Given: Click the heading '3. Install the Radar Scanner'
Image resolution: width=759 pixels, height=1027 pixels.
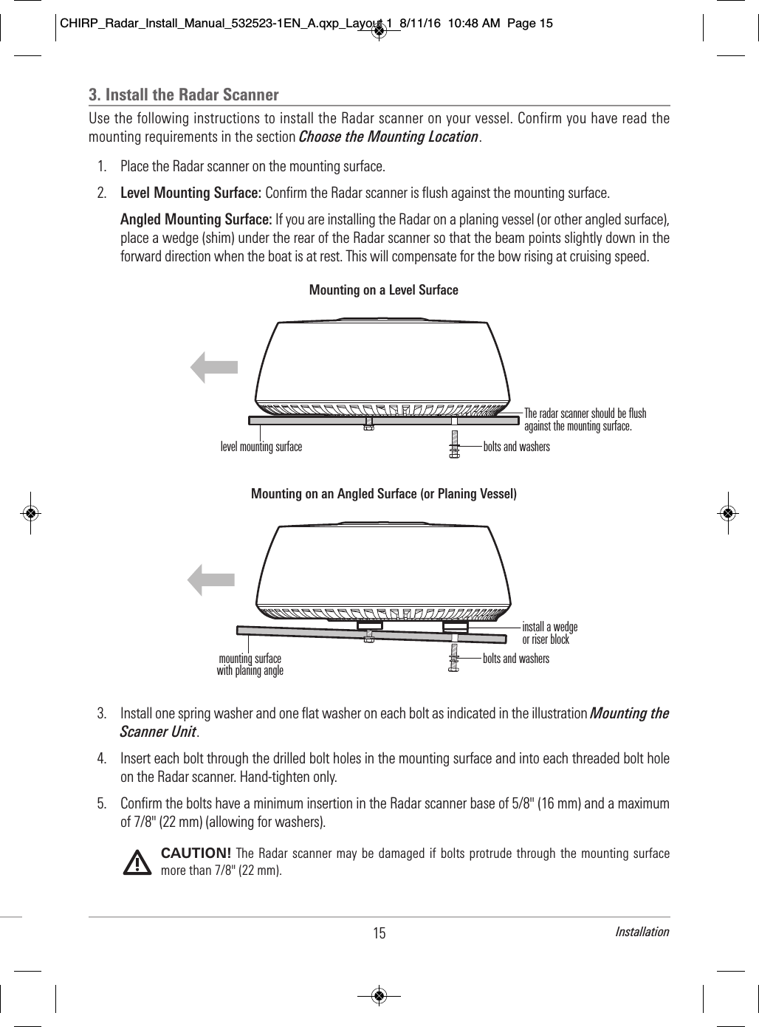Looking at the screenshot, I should click(x=184, y=95).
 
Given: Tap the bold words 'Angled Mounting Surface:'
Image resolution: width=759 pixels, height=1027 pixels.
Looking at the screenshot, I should click(x=196, y=220).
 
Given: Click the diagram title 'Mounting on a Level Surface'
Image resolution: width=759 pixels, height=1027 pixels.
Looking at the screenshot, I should click(x=383, y=290).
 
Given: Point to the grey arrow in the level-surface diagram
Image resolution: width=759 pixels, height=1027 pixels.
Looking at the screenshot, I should click(x=214, y=368).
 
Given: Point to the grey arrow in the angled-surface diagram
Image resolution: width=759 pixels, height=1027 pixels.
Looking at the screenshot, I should click(x=211, y=579).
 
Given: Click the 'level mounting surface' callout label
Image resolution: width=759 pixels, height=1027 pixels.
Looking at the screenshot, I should click(x=261, y=447).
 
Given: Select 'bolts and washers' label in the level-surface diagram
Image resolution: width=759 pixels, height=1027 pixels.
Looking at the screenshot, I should click(x=516, y=447).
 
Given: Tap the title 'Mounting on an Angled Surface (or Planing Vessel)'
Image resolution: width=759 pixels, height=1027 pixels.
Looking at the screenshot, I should click(x=383, y=493).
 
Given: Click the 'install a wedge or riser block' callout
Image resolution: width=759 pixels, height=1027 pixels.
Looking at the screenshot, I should click(x=549, y=633).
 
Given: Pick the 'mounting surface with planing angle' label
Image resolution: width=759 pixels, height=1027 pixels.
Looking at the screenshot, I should click(x=250, y=664).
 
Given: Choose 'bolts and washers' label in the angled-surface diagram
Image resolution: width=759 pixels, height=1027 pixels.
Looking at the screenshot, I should click(x=516, y=659).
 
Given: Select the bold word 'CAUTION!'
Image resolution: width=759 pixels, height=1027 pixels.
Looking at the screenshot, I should click(x=196, y=853).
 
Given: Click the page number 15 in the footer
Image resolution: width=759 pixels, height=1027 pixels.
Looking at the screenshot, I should click(x=379, y=933).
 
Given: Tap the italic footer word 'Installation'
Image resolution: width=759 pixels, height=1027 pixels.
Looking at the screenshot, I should click(x=642, y=932).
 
